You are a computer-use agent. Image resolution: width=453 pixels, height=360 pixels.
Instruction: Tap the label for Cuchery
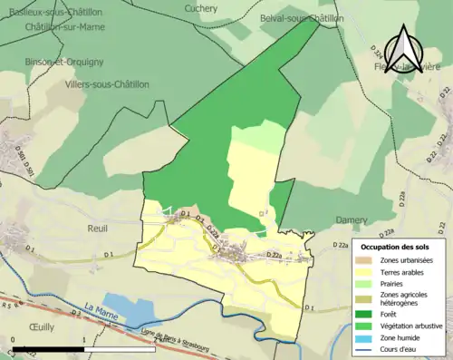point(201,9)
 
